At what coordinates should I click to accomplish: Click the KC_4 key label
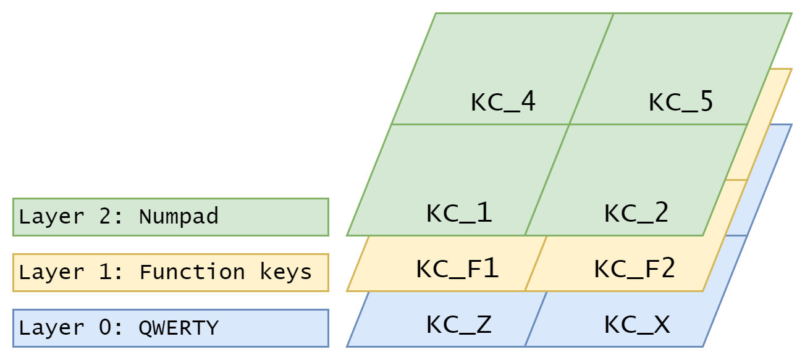pos(503,102)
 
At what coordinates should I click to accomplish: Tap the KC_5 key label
pos(681,102)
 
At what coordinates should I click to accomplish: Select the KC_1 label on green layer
pos(459,213)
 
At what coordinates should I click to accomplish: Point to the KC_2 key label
pos(636,213)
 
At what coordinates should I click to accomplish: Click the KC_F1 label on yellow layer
pos(457,269)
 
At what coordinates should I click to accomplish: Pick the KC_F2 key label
pos(634,269)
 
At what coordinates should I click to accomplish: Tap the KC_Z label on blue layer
pos(459,324)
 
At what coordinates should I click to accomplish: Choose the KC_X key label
pos(636,324)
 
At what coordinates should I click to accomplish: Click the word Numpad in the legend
pos(179,217)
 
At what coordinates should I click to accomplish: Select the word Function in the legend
pos(192,272)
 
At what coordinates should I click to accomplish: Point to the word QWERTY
pos(179,327)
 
